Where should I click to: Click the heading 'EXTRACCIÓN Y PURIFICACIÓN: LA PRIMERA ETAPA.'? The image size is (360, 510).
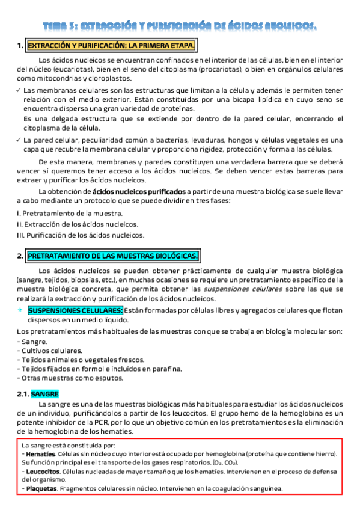coord(111,46)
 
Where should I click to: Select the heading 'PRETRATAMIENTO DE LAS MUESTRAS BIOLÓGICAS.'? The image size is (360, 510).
coord(113,256)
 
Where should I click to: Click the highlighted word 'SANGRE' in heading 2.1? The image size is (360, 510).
coord(46,394)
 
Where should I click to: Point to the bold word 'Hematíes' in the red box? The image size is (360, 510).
coord(41,454)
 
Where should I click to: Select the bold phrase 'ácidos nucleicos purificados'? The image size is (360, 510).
coord(139,191)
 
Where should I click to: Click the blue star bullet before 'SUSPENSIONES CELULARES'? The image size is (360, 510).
coord(20,310)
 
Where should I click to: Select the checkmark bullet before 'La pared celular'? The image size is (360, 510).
coord(19,140)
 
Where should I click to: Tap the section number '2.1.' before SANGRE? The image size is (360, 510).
coord(23,394)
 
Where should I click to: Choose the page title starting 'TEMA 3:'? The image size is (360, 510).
coord(180,26)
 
